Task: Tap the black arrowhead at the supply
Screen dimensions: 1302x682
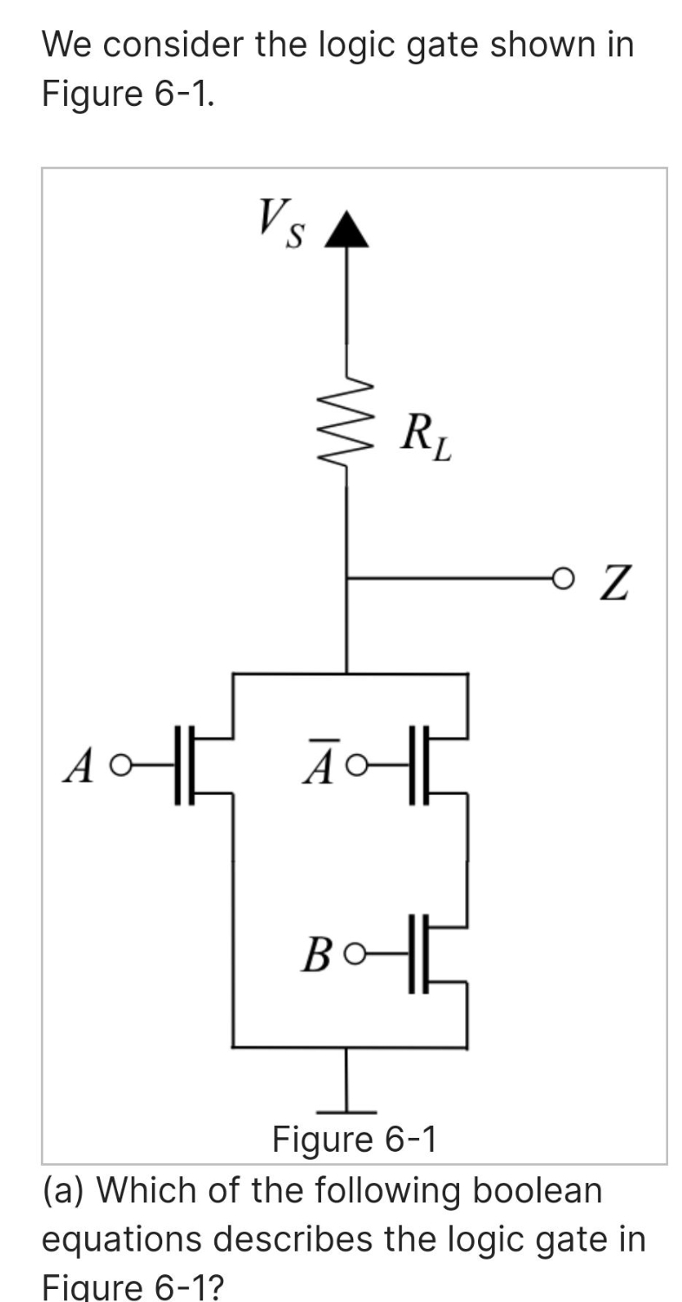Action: (347, 230)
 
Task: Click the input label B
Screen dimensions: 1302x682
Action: (316, 955)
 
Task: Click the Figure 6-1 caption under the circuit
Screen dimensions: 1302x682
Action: (355, 1139)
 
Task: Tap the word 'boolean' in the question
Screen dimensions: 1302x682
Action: (537, 1189)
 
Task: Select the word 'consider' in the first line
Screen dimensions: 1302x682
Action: (185, 43)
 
